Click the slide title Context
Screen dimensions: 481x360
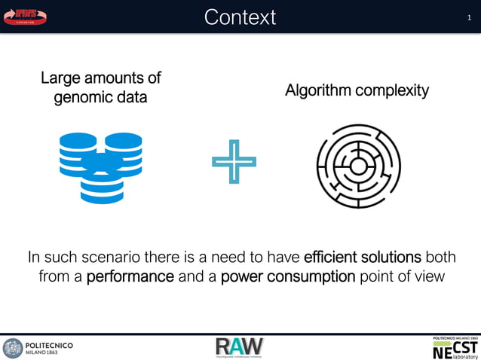click(240, 17)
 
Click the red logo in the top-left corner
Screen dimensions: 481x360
click(26, 16)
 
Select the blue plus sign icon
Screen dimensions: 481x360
click(234, 161)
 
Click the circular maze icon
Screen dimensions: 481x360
click(357, 165)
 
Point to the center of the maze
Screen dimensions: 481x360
click(357, 165)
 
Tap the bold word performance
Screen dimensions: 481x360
click(130, 276)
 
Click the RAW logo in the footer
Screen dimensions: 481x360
click(240, 347)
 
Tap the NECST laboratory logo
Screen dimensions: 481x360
click(455, 347)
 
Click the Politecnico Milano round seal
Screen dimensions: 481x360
click(13, 348)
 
